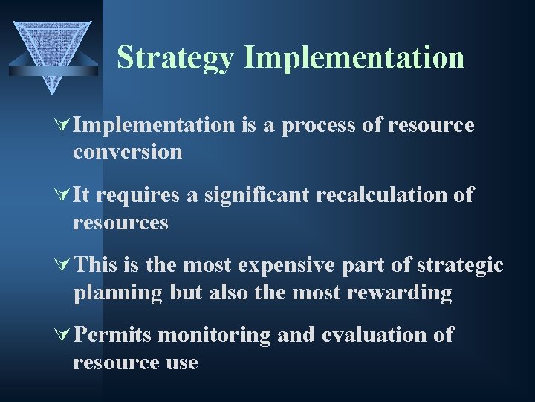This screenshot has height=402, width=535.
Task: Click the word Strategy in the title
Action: (175, 58)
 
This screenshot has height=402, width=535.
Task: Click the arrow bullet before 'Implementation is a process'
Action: (63, 125)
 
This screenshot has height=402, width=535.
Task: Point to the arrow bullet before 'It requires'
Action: (63, 196)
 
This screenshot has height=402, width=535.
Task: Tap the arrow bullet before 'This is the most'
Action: (63, 266)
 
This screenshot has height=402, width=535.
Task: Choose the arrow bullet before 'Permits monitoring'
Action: (63, 336)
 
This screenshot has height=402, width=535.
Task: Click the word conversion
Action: (127, 152)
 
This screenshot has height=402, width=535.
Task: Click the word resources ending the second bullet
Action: (120, 223)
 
